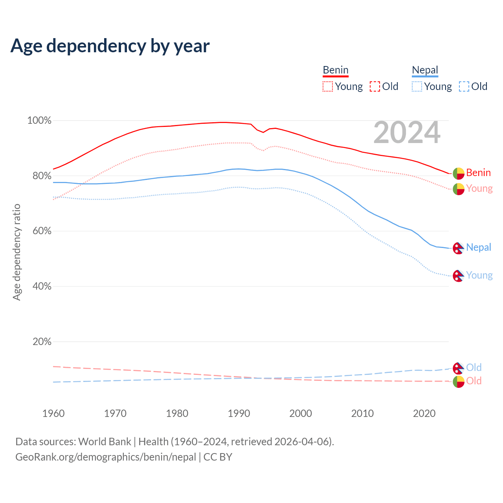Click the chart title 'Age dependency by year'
pyautogui.click(x=110, y=46)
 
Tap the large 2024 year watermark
pyautogui.click(x=407, y=133)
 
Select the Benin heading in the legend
pyautogui.click(x=336, y=70)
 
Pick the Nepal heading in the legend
pyautogui.click(x=425, y=70)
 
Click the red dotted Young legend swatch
pyautogui.click(x=327, y=86)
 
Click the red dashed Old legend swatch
pyautogui.click(x=375, y=86)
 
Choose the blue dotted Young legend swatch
pyautogui.click(x=417, y=86)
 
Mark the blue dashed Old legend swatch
pyautogui.click(x=464, y=86)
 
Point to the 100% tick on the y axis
pyautogui.click(x=39, y=121)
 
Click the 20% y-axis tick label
pyautogui.click(x=42, y=342)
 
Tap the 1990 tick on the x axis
pyautogui.click(x=239, y=413)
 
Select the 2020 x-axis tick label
pyautogui.click(x=424, y=413)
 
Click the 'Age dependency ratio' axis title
pyautogui.click(x=17, y=252)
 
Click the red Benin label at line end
pyautogui.click(x=478, y=173)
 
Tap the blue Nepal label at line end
pyautogui.click(x=479, y=248)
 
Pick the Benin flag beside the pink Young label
pyautogui.click(x=459, y=189)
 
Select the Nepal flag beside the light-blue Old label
pyautogui.click(x=458, y=368)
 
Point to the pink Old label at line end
pyautogui.click(x=474, y=381)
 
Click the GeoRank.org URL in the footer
pyautogui.click(x=106, y=457)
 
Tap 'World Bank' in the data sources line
pyautogui.click(x=105, y=442)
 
